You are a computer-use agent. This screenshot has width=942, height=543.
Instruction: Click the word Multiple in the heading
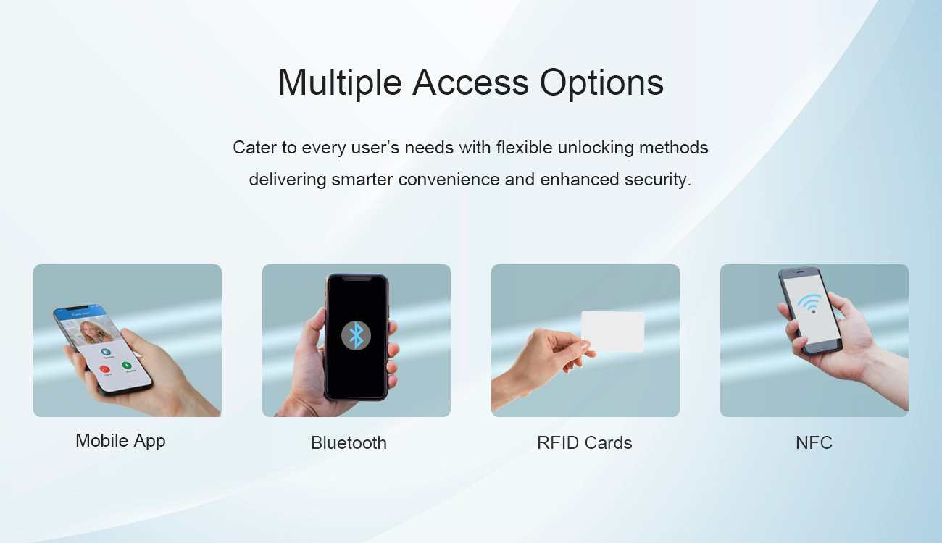340,83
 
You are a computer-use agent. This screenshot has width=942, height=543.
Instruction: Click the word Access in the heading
470,83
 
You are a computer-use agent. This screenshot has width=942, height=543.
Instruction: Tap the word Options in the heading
601,83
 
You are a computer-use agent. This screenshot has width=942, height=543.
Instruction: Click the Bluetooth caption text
349,443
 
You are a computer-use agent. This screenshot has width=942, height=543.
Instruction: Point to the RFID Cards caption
585,443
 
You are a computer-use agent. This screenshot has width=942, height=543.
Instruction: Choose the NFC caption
814,443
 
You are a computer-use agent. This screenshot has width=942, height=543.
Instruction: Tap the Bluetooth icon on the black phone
357,335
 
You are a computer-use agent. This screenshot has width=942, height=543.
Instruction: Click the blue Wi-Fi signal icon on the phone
810,303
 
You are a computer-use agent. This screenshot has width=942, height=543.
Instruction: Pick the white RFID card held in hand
613,332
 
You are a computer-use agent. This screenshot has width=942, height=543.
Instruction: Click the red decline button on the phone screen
105,369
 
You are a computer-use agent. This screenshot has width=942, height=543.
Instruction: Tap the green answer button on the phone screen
127,365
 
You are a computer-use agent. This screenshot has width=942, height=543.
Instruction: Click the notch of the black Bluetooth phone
357,278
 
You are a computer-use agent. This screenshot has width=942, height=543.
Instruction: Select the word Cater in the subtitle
254,148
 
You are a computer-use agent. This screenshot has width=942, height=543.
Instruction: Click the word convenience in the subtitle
449,180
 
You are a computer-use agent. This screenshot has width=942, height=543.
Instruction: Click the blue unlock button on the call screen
106,351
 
